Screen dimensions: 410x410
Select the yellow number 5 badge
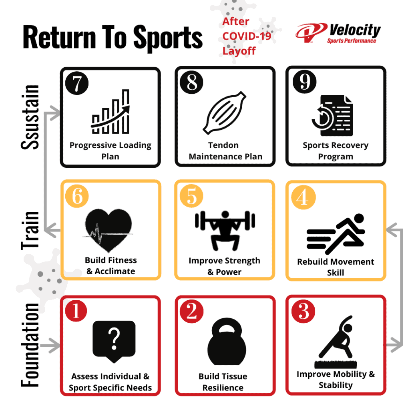(x=192, y=197)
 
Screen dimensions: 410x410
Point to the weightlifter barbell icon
(x=225, y=229)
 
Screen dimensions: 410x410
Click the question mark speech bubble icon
(x=114, y=341)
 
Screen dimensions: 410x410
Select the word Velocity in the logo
(x=354, y=30)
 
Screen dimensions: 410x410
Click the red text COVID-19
(x=247, y=36)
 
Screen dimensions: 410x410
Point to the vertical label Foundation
(x=30, y=345)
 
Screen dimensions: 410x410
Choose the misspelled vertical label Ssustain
(x=30, y=117)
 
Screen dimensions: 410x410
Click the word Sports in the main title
(x=168, y=37)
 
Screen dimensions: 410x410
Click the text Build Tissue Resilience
(x=223, y=382)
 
